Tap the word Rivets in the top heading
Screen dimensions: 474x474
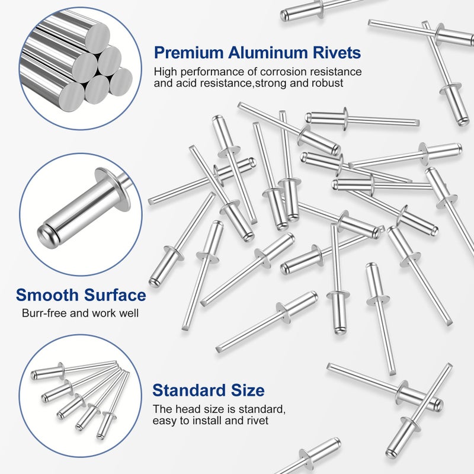[337, 53]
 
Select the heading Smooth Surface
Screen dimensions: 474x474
[81, 294]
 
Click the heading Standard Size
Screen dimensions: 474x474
[208, 390]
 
